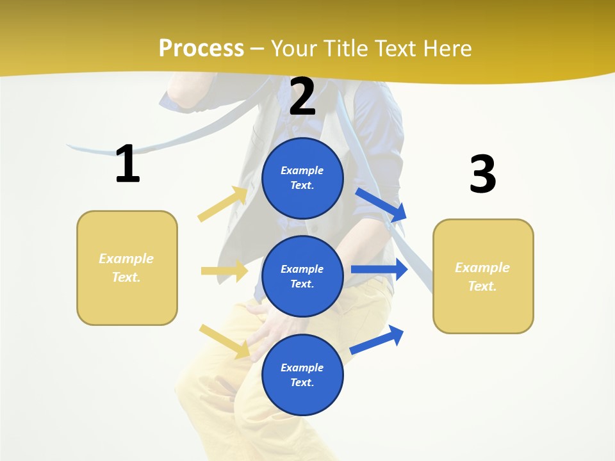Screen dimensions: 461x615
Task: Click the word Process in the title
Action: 201,49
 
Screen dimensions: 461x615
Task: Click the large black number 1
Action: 127,164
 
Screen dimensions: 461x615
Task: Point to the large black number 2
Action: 302,97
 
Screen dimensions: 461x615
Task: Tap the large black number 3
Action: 482,174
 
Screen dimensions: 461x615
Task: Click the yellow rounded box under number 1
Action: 127,268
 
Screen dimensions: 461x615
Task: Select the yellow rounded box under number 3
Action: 483,276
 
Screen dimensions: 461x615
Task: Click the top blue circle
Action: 302,178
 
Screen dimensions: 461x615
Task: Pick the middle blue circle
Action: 302,276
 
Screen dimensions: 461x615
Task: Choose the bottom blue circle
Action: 302,375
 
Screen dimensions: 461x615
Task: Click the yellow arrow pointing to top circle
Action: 223,204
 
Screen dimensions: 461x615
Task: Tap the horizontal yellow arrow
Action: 224,271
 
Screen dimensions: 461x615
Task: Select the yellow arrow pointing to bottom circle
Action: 224,341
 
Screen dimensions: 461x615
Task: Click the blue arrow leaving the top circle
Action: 381,204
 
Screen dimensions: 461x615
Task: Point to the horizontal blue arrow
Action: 379,269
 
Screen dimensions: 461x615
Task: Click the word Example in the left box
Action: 126,259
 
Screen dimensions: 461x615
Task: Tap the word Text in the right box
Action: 482,286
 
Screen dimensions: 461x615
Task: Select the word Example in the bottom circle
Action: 302,368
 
